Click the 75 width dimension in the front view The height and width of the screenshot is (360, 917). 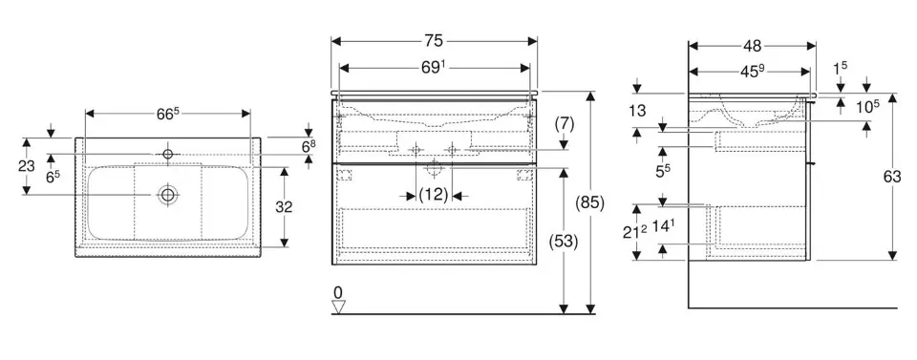[x=435, y=41]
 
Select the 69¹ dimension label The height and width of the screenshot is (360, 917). [x=434, y=68]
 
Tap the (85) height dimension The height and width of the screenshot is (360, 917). [x=590, y=202]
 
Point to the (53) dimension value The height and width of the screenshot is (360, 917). [x=564, y=241]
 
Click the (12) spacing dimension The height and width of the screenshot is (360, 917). [x=434, y=195]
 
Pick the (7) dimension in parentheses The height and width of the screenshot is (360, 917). [x=564, y=123]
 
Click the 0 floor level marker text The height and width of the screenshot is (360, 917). [x=337, y=291]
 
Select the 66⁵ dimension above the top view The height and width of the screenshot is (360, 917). [x=167, y=114]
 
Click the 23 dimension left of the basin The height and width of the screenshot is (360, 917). [x=26, y=166]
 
